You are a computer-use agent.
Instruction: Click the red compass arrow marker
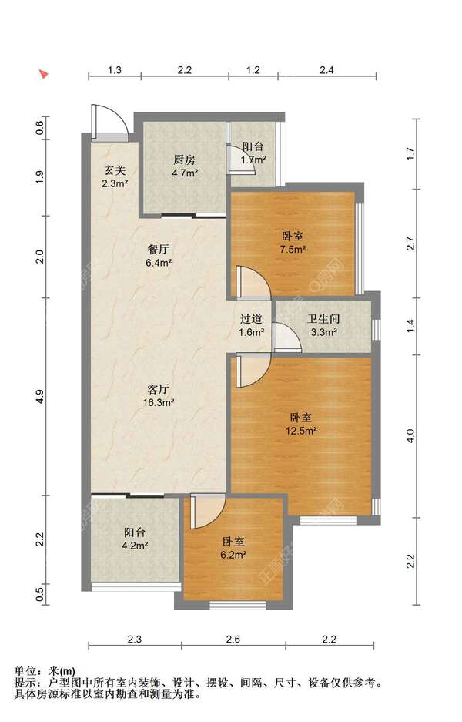(44, 74)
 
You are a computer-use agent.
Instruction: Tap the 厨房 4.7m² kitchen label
(185, 166)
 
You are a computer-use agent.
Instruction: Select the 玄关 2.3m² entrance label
(115, 176)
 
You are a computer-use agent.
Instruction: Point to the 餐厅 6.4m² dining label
(159, 256)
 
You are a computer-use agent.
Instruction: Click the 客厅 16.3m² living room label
(159, 395)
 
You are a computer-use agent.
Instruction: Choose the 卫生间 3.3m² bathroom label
(323, 325)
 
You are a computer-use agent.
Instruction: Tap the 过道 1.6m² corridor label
(252, 325)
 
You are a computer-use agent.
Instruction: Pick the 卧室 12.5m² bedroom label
(301, 424)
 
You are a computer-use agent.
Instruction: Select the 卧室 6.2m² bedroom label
(233, 548)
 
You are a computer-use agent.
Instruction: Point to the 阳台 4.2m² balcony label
(135, 539)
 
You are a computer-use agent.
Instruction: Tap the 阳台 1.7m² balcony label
(253, 153)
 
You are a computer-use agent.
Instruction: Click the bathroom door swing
(286, 337)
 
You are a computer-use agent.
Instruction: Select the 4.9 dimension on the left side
(41, 397)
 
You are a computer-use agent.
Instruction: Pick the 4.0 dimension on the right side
(411, 435)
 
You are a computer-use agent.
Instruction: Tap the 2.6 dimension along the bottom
(233, 639)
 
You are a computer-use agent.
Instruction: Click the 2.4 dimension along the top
(326, 70)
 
